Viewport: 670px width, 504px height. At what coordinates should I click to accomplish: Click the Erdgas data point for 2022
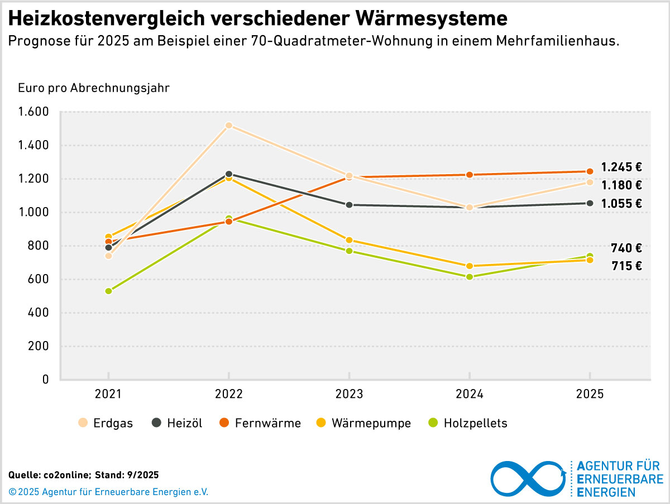tap(229, 126)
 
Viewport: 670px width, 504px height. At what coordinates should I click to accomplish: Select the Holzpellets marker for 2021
tap(108, 291)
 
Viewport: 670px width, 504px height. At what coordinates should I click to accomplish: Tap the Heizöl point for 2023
tap(349, 205)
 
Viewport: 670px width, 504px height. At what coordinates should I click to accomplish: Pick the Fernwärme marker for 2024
tap(470, 175)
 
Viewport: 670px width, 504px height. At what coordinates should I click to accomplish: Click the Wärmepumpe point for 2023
tap(349, 240)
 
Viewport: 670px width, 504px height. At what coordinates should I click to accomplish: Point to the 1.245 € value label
tap(621, 167)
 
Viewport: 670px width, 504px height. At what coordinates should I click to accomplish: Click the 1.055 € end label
tap(621, 204)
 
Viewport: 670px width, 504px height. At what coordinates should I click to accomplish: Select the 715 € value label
tap(626, 266)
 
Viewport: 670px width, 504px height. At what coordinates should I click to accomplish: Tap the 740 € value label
tap(626, 248)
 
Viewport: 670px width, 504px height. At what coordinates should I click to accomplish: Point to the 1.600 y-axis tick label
tap(33, 112)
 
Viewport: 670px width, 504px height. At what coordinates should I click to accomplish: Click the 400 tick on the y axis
tap(38, 313)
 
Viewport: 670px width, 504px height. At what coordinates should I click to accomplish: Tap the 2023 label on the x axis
tap(349, 394)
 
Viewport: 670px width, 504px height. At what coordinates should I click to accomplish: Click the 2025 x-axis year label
tap(590, 394)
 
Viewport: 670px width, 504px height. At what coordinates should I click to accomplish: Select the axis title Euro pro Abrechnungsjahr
tap(94, 88)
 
